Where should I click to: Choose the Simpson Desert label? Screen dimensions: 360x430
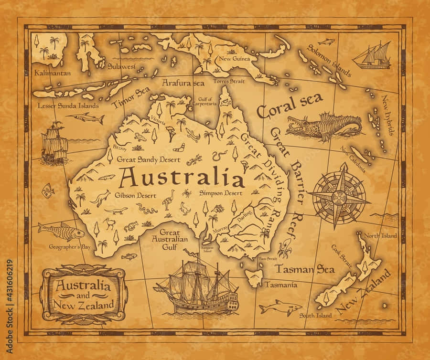(x=220, y=193)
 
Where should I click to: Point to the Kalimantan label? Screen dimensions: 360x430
(x=53, y=73)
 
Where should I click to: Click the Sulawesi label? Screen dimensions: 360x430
(x=121, y=66)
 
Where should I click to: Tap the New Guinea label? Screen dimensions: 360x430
(x=233, y=59)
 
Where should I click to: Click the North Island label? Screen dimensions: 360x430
(x=380, y=236)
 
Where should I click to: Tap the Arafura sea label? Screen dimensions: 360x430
(x=183, y=83)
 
